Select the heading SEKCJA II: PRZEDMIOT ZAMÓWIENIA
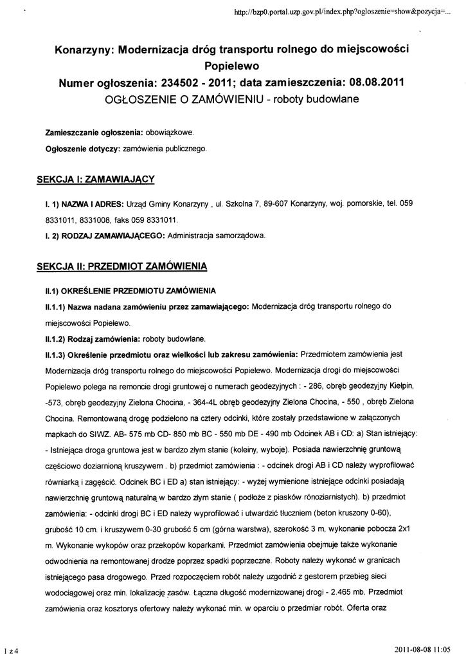(x=121, y=265)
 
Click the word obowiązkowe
(x=168, y=133)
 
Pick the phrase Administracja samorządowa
(x=217, y=236)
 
